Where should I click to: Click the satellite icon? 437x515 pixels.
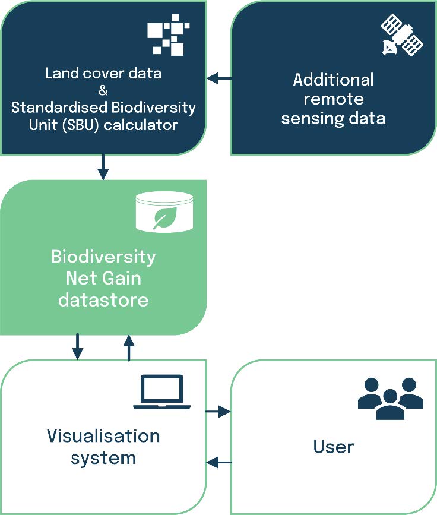(x=402, y=34)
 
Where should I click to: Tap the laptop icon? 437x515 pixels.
(x=162, y=392)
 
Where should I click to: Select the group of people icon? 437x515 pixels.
(x=390, y=399)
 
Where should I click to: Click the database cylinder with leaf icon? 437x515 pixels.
(x=164, y=212)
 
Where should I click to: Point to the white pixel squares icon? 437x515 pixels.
(x=169, y=35)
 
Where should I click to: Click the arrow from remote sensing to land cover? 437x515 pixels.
(x=219, y=78)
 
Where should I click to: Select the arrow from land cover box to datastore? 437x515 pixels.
(x=103, y=167)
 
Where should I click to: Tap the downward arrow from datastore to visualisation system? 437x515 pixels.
(x=78, y=347)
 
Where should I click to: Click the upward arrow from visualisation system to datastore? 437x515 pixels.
(x=129, y=348)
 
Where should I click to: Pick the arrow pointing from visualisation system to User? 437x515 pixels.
(x=218, y=411)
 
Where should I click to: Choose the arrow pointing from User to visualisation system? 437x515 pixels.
(x=219, y=462)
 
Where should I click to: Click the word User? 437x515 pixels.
(x=334, y=447)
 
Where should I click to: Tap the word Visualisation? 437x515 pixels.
(x=103, y=436)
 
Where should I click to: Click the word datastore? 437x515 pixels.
(x=103, y=300)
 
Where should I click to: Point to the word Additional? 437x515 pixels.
(x=334, y=80)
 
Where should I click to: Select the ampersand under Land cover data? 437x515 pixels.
(x=103, y=90)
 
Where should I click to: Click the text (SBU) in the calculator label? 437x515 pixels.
(x=82, y=125)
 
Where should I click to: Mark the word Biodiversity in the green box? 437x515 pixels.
(x=103, y=257)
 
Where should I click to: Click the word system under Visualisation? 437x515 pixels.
(x=103, y=459)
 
